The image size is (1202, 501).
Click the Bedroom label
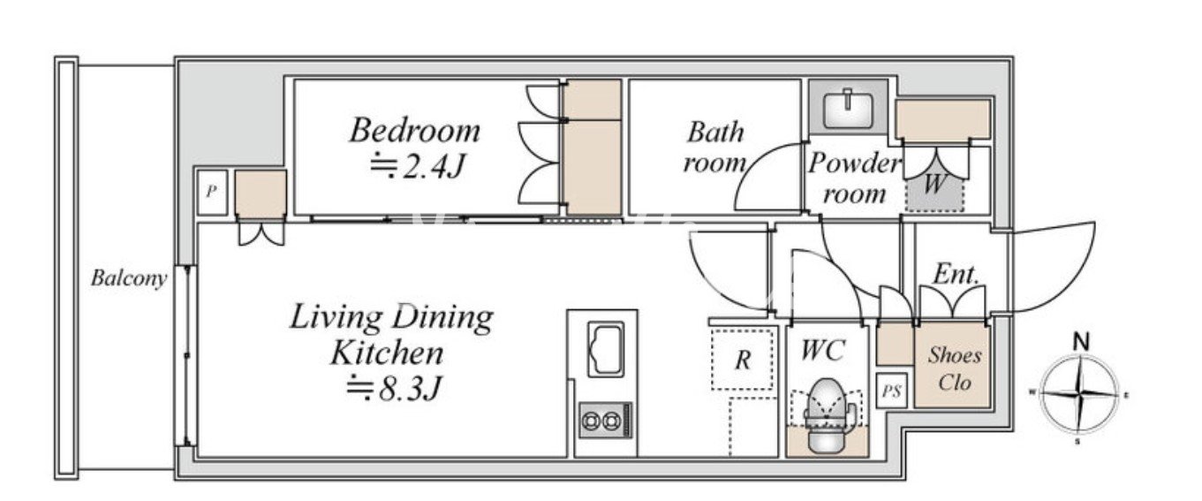coord(414,131)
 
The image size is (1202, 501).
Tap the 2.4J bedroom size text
coord(418,166)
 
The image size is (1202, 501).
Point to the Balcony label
coord(129,278)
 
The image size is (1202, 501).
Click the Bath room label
coord(714,148)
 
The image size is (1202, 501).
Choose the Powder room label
coord(853,178)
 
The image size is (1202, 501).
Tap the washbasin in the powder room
coord(848,110)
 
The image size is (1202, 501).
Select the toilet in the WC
coord(827,414)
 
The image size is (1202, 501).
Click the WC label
coord(822,351)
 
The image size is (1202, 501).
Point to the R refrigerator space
coord(743,360)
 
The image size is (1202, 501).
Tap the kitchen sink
coord(606,349)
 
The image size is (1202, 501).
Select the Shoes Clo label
coord(955,369)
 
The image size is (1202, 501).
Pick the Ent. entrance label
coord(956,275)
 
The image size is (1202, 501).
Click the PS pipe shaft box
coord(892,391)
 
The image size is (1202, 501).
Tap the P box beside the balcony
coord(212,191)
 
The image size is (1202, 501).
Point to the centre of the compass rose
coord(1079,395)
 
